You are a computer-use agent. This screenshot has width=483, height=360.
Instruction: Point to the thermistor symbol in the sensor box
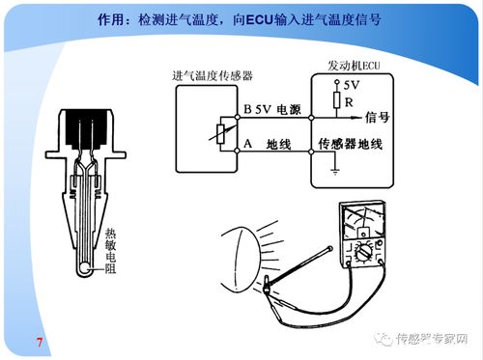click(x=221, y=134)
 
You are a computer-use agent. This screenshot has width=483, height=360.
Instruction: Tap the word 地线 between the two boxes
click(x=280, y=145)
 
